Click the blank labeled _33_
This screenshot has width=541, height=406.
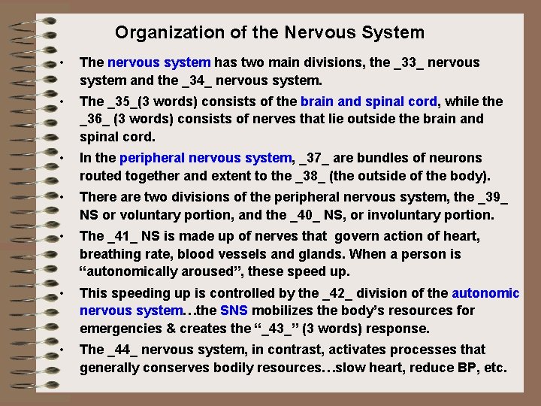(409, 62)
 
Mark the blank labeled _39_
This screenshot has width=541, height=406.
(492, 198)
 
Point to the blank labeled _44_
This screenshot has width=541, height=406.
(125, 350)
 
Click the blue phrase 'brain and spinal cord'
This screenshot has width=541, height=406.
(368, 101)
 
